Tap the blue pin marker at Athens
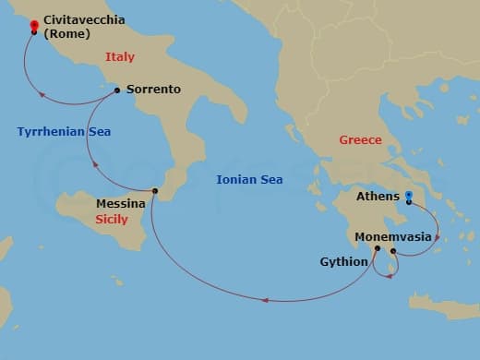(x=409, y=196)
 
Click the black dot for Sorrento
(x=116, y=90)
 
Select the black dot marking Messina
(x=155, y=191)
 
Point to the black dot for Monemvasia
(x=393, y=251)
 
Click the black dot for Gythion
(x=378, y=248)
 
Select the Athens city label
(x=378, y=197)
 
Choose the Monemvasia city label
(x=393, y=236)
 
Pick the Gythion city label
(x=344, y=262)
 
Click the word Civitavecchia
(x=84, y=18)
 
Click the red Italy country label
(x=120, y=57)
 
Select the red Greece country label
(x=360, y=140)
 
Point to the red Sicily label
(x=112, y=220)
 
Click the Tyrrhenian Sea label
(x=64, y=132)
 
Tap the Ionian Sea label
(x=249, y=179)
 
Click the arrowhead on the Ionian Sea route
(x=265, y=300)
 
